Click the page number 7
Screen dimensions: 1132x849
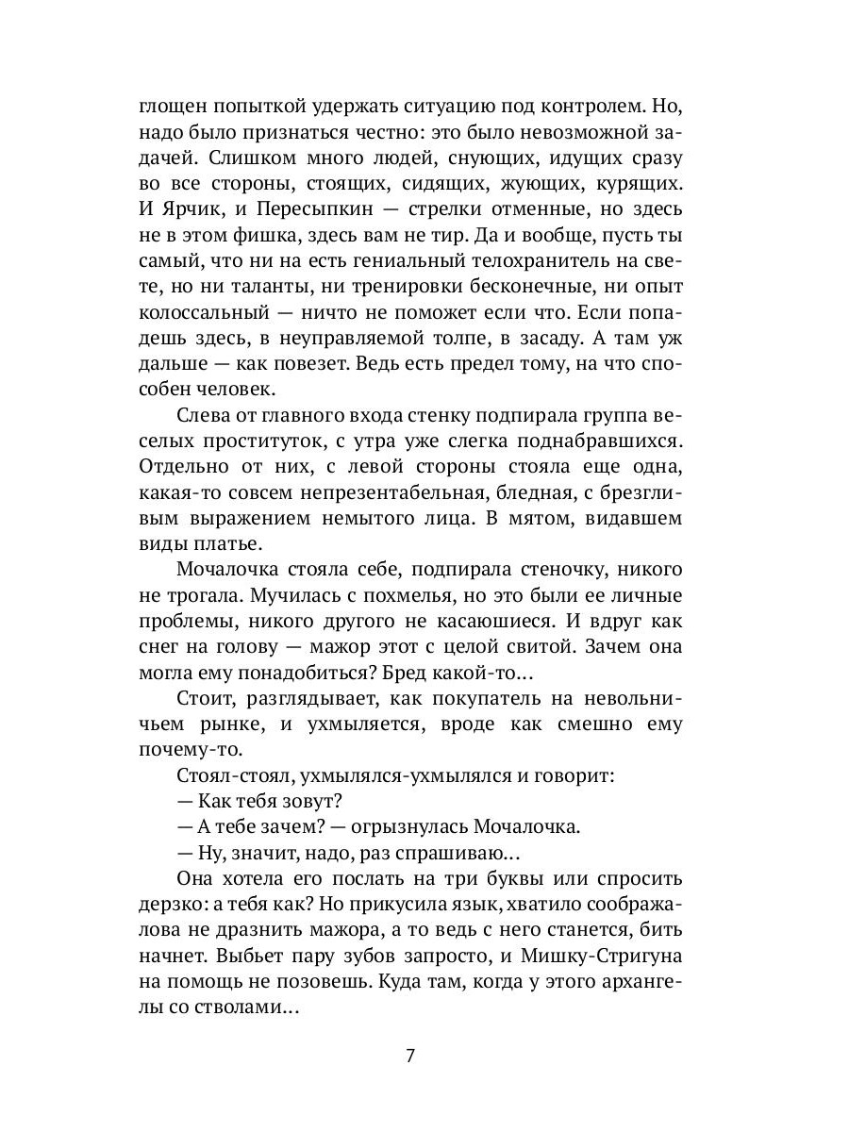click(x=409, y=1055)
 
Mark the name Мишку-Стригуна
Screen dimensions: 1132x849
click(x=606, y=956)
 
